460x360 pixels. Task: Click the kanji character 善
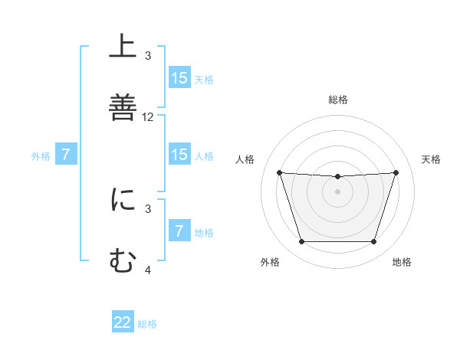pyautogui.click(x=123, y=106)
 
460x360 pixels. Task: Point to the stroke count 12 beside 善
pyautogui.click(x=148, y=117)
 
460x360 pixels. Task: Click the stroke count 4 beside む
pyautogui.click(x=148, y=270)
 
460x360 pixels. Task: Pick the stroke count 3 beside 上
pyautogui.click(x=148, y=56)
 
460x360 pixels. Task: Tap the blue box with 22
pyautogui.click(x=123, y=322)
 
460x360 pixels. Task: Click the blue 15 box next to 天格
pyautogui.click(x=179, y=77)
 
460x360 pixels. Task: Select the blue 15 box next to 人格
pyautogui.click(x=179, y=155)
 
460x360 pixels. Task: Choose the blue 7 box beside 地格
pyautogui.click(x=179, y=231)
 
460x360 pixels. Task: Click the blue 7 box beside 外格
pyautogui.click(x=66, y=155)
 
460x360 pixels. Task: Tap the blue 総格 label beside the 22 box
pyautogui.click(x=147, y=324)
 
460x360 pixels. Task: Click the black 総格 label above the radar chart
pyautogui.click(x=337, y=100)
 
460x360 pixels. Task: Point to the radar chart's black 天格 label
pyautogui.click(x=432, y=159)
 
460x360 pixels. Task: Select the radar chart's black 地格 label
pyautogui.click(x=402, y=263)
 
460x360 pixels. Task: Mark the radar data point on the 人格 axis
pyautogui.click(x=279, y=172)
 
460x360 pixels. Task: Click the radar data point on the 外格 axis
pyautogui.click(x=301, y=242)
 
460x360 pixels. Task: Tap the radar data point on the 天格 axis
pyautogui.click(x=396, y=172)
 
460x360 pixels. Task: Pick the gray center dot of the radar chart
pyautogui.click(x=337, y=191)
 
